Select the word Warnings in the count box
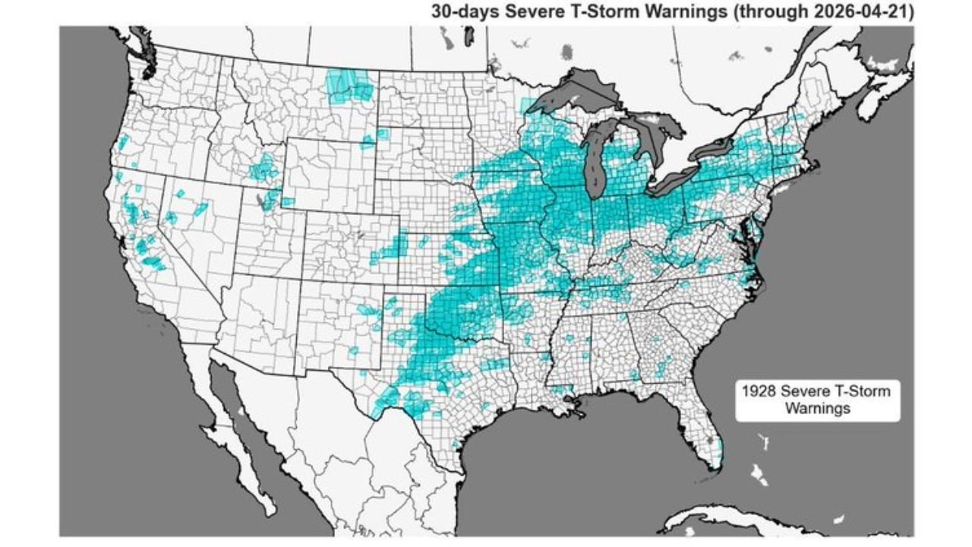816,408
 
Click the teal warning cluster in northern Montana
349,85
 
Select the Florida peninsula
702,425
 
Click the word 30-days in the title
460,11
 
